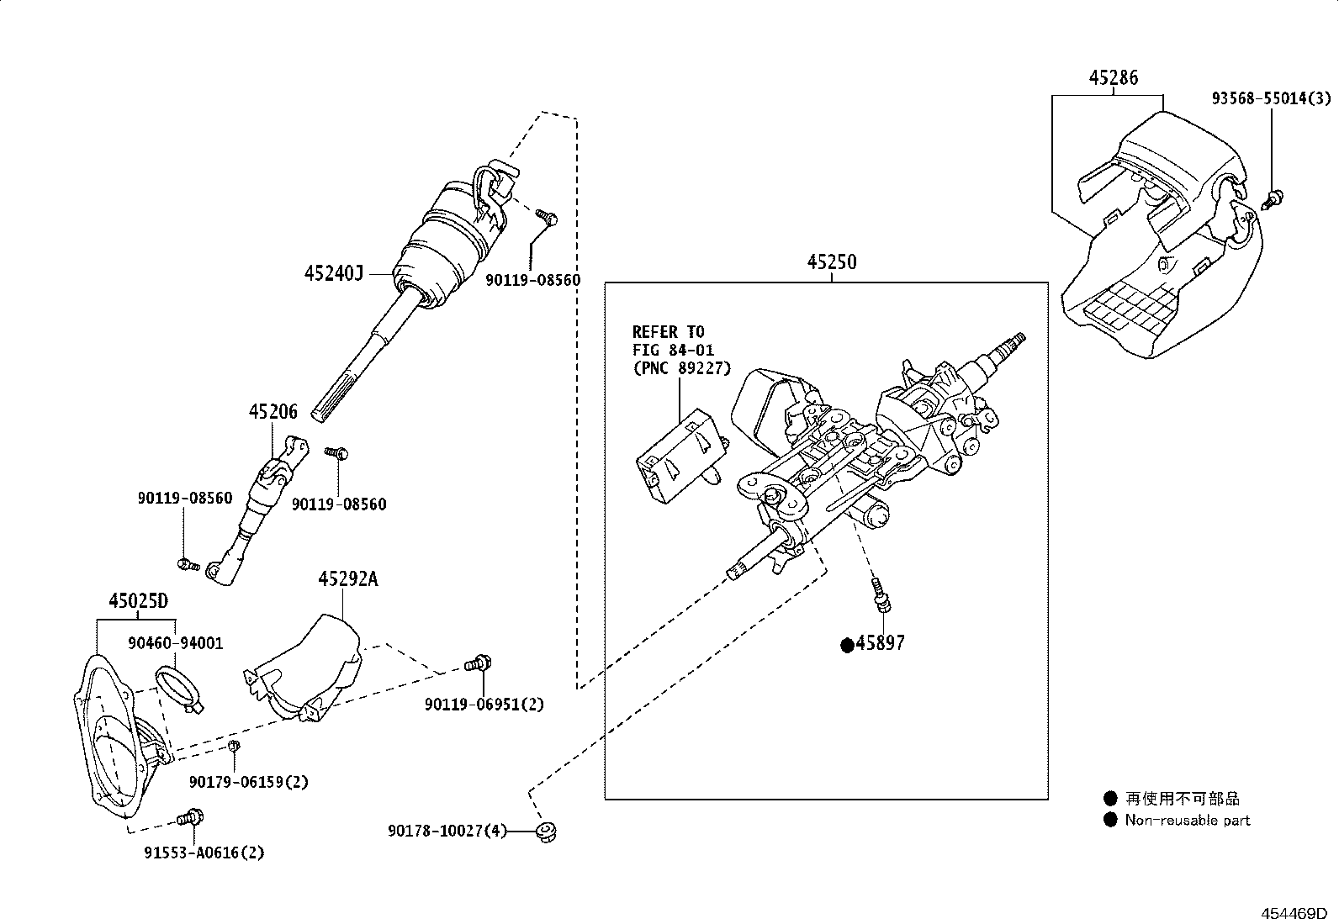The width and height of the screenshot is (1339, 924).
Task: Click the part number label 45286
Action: coord(1113,77)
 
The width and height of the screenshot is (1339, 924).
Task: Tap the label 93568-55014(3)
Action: coord(1272,98)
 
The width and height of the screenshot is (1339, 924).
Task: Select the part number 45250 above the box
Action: coord(832,261)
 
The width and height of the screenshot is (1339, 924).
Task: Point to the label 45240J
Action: coord(334,274)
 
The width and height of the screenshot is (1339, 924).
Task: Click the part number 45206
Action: coord(273,412)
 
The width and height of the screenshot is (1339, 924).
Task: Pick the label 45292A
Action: coord(348,579)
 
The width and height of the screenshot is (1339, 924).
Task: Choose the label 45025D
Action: coord(138,600)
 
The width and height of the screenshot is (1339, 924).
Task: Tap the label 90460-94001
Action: coord(175,643)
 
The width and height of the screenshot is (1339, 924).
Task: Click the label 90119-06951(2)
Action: coord(484,705)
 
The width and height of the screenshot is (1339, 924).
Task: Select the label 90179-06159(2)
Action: coord(249,783)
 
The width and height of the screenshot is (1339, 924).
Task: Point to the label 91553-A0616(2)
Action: coord(204,853)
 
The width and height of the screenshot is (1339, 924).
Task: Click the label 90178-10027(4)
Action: coord(447,831)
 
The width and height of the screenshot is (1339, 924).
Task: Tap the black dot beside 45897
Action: coord(847,645)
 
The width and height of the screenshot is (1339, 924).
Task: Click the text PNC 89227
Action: coord(681,368)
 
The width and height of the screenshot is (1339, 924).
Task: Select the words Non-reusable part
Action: coord(1187,820)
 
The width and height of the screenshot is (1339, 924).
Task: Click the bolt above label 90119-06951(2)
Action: coord(479,664)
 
